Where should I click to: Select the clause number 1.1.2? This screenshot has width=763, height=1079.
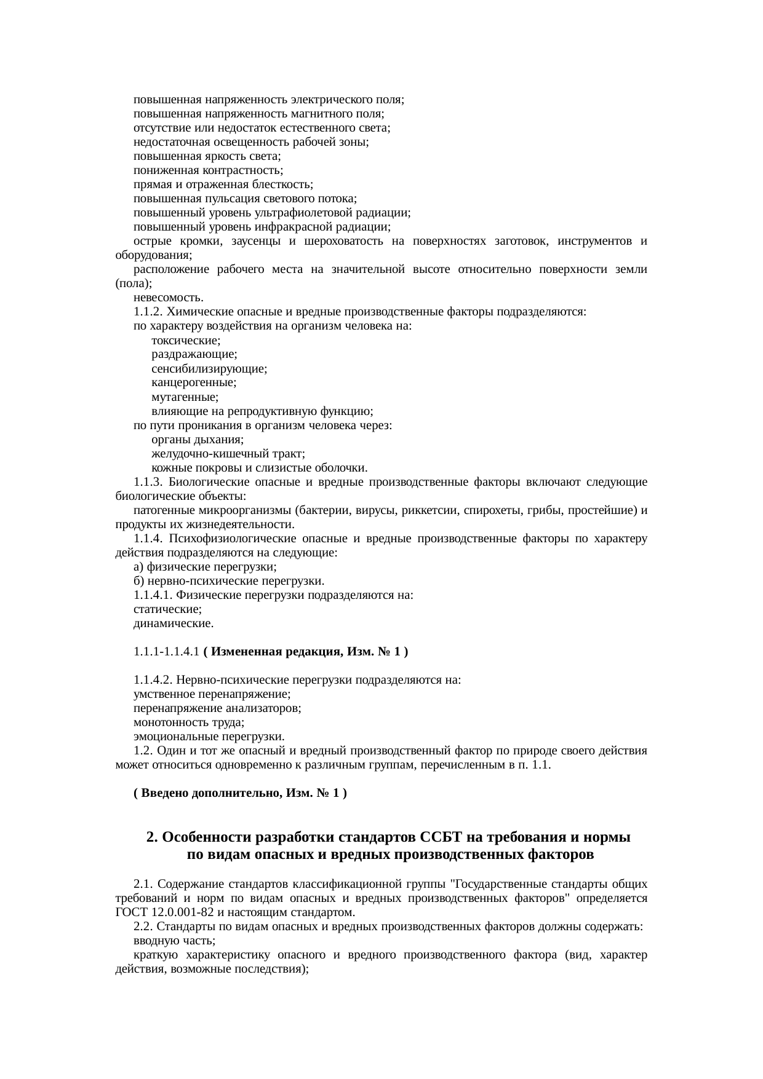148,312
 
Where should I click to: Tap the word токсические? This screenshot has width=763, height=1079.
186,341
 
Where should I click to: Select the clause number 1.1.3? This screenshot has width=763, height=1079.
148,482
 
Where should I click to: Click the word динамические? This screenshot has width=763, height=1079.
174,624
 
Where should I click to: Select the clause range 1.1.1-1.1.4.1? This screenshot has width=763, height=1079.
166,652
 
